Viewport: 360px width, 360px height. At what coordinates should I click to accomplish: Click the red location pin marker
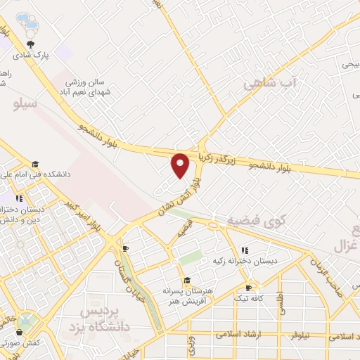coord(181,165)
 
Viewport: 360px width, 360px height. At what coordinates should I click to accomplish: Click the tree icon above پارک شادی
coord(30,44)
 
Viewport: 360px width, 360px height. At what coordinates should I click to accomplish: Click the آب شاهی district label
coord(271,84)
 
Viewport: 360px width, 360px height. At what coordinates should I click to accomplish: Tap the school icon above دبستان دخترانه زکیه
coord(245,250)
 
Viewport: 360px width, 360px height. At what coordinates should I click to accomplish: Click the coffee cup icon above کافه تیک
coord(248,288)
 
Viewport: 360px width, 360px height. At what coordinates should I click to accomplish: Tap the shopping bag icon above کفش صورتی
coord(20,332)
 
